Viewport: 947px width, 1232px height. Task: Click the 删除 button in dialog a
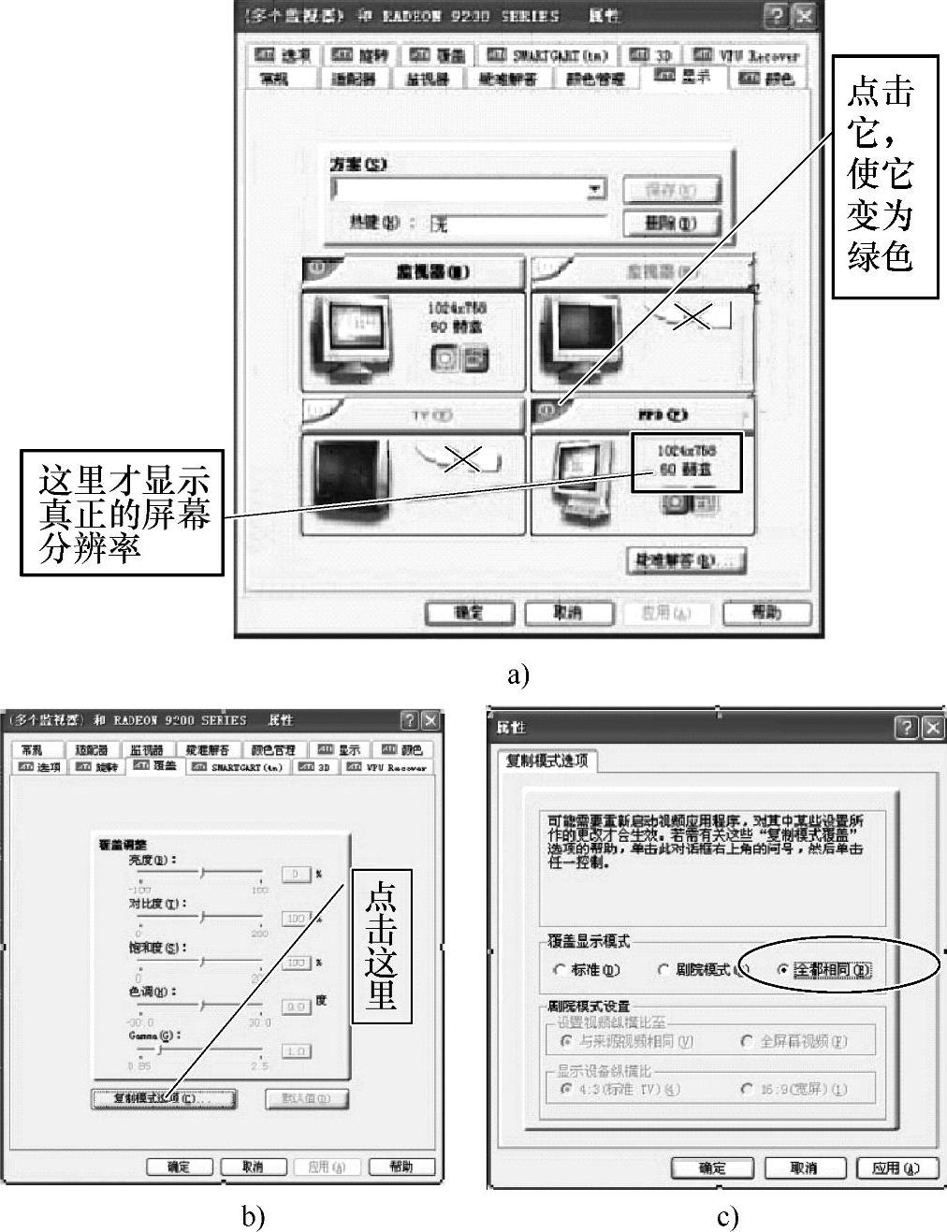(672, 224)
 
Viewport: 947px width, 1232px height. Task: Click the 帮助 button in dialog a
(766, 613)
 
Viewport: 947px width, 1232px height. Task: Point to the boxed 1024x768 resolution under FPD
(687, 460)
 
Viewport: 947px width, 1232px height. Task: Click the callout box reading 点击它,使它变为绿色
(884, 176)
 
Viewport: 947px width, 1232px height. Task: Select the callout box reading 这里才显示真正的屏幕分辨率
(122, 513)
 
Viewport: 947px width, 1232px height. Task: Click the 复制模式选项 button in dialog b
(164, 1098)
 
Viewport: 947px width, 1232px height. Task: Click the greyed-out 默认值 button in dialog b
(307, 1098)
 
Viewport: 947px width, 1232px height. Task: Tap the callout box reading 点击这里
(382, 946)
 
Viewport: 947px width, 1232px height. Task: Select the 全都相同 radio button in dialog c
(782, 970)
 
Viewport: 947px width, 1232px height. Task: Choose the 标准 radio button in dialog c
(561, 970)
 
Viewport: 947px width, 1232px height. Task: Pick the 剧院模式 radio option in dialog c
(664, 970)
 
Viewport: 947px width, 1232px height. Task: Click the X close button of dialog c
(932, 728)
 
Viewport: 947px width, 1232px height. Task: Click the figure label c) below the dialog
(727, 1217)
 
